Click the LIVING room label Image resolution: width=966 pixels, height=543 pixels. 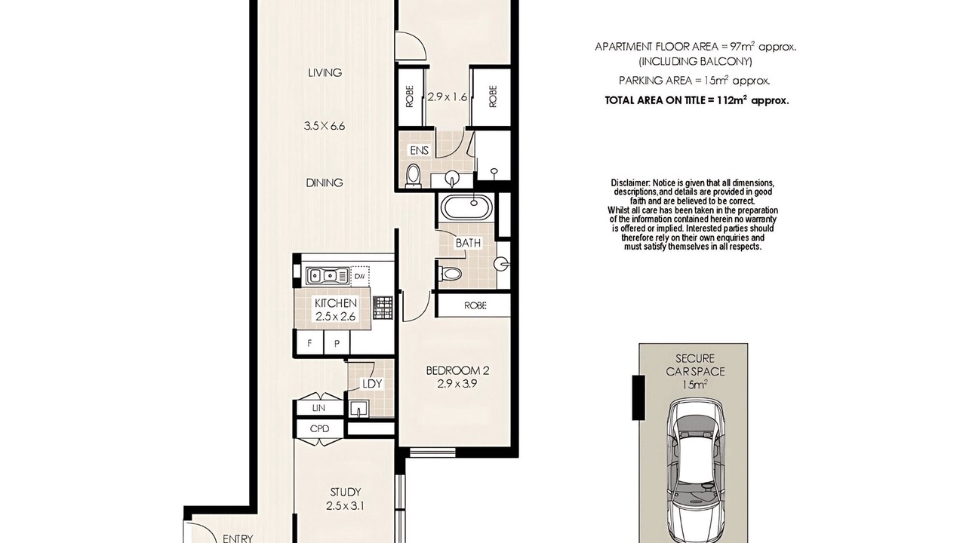(325, 73)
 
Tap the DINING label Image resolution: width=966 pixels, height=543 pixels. (325, 183)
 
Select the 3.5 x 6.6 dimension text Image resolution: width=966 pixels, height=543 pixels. (325, 126)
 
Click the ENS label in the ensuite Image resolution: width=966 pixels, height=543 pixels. (419, 150)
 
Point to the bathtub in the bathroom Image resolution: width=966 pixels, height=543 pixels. (468, 207)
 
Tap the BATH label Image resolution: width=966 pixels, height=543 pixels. (468, 243)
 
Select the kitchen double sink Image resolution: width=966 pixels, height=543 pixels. (328, 275)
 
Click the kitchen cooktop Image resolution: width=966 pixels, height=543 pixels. (383, 308)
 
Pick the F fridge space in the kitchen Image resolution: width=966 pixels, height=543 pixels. (309, 343)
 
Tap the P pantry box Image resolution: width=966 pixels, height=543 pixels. (337, 343)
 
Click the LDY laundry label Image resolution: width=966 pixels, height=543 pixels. (372, 384)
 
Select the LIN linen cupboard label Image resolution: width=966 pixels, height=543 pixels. (318, 408)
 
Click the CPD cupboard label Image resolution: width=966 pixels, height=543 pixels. (319, 429)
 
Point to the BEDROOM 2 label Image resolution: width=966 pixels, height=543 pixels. (457, 370)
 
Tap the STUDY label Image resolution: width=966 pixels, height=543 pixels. (346, 492)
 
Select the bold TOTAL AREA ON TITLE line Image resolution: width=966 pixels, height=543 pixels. (697, 100)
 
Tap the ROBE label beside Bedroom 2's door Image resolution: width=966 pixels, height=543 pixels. (475, 305)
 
